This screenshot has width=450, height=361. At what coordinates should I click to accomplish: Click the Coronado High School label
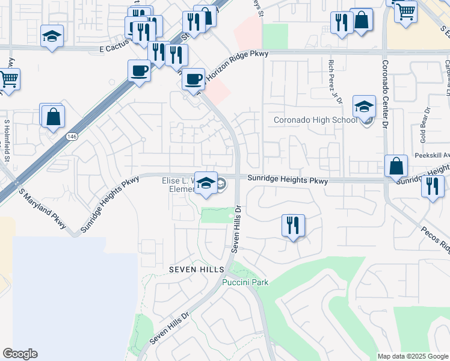[x=315, y=120]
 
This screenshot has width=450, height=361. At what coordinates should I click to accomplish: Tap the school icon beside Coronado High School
[x=364, y=107]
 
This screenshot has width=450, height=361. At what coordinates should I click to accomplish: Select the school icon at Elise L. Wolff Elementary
[x=206, y=184]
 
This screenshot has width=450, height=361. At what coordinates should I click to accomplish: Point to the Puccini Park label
[x=245, y=282]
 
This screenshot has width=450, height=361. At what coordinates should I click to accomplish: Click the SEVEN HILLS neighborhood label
[x=196, y=269]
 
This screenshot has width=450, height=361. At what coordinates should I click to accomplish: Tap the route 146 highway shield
[x=72, y=137]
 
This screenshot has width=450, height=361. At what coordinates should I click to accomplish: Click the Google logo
[x=20, y=354]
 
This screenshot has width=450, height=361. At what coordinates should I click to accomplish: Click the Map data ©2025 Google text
[x=412, y=356]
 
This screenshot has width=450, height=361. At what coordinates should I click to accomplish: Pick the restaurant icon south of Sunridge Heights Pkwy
[x=293, y=226]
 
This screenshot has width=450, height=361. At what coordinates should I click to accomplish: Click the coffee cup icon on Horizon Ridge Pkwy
[x=193, y=79]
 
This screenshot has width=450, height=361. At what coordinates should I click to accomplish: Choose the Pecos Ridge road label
[x=435, y=239]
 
